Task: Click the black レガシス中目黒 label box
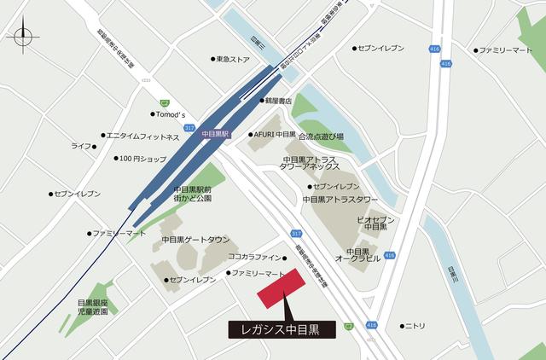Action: tap(282, 329)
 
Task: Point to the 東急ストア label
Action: tap(233, 60)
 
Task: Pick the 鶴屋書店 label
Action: tap(278, 101)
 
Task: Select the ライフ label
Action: tap(82, 147)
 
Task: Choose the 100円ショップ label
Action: tap(142, 159)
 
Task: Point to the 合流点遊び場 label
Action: tap(320, 136)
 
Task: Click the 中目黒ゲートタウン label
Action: tap(195, 240)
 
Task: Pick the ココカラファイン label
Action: tap(253, 256)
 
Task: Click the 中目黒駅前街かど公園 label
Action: tap(194, 194)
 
